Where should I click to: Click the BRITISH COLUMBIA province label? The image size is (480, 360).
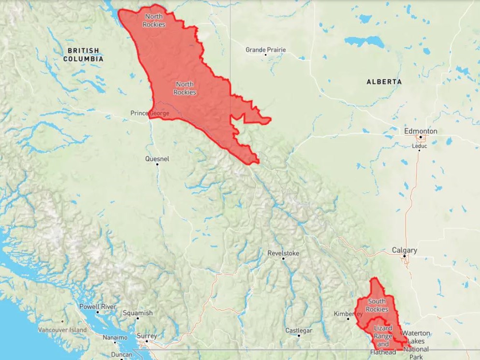83,55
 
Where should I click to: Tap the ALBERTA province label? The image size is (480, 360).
384,82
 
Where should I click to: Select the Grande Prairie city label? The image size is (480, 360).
265,50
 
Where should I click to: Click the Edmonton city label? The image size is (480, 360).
421,131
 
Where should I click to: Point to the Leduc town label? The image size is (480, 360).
419,145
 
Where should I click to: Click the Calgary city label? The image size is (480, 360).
404,250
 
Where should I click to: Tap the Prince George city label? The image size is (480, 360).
150,113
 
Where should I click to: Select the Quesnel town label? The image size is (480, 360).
157,158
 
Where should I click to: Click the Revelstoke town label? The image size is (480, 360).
283,253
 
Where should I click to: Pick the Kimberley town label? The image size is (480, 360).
348,314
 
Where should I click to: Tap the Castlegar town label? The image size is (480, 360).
299,331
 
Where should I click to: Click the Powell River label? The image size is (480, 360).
98,306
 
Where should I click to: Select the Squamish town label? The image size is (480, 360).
137,313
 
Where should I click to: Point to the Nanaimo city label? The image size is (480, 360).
115,337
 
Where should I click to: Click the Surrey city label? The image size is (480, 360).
146,336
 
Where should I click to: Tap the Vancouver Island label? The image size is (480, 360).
63,330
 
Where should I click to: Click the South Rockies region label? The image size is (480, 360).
377,305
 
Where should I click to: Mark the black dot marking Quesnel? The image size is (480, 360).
157,164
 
